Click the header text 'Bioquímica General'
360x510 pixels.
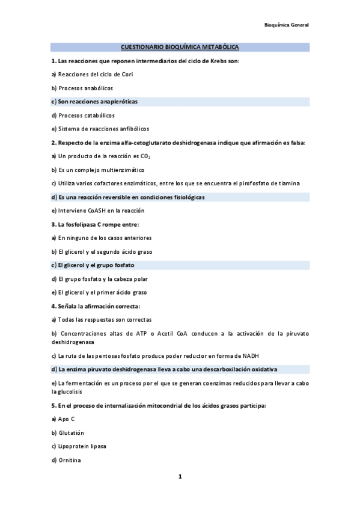[x=286, y=25]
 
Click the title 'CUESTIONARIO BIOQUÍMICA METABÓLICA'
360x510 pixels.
[x=180, y=47]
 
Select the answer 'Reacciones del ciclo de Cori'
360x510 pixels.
[x=91, y=75]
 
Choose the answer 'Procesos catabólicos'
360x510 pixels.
[x=82, y=115]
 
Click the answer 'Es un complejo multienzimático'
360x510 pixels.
[x=97, y=170]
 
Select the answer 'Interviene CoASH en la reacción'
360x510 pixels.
[x=97, y=211]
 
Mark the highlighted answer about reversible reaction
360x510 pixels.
[x=127, y=197]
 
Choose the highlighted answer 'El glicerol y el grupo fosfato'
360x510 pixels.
[x=93, y=265]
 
